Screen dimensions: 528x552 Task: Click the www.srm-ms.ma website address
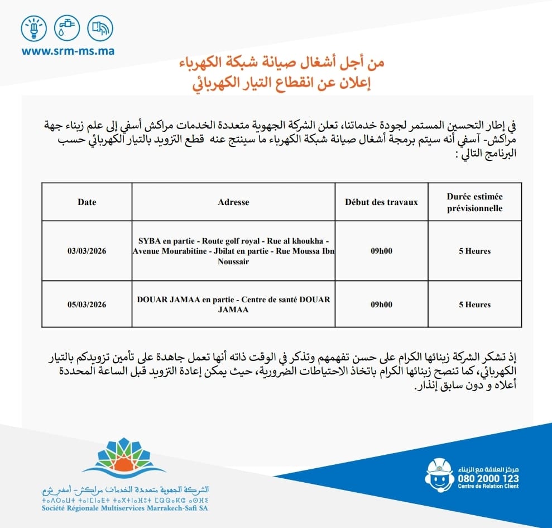(x=68, y=51)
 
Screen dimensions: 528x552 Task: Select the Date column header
(x=87, y=202)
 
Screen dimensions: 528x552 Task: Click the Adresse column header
(x=233, y=202)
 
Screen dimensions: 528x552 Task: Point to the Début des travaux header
(x=381, y=202)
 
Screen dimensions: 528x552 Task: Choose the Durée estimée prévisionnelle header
(x=474, y=202)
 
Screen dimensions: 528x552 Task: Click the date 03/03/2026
(x=87, y=251)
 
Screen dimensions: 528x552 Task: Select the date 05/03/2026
(x=87, y=305)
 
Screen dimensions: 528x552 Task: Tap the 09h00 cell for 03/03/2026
(x=381, y=251)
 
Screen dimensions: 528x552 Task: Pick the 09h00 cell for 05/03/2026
(x=381, y=305)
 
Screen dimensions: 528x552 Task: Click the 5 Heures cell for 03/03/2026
(x=474, y=251)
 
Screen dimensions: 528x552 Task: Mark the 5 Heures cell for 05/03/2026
(x=474, y=305)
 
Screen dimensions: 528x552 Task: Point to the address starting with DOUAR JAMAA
(x=233, y=305)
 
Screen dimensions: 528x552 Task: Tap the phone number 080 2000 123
(x=488, y=479)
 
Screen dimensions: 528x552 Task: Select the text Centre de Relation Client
(x=488, y=487)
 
